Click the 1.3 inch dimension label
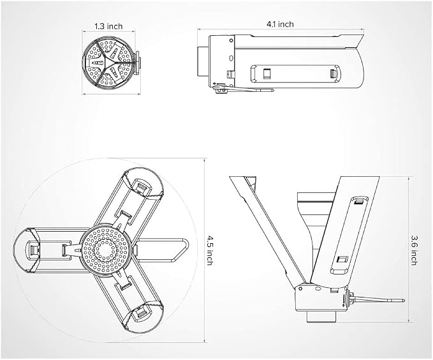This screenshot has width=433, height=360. (108, 26)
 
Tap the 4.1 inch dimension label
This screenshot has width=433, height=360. (280, 24)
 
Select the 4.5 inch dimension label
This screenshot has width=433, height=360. (210, 250)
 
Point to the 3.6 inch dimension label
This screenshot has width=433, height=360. (415, 250)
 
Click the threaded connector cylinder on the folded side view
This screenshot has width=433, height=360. (203, 62)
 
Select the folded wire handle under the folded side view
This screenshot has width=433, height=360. (244, 89)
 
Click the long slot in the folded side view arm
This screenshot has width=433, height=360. (295, 74)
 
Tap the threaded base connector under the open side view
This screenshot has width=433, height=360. (321, 317)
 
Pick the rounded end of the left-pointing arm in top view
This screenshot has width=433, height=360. (24, 250)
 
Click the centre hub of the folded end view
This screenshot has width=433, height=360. (106, 63)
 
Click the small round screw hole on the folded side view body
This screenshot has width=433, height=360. (231, 40)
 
